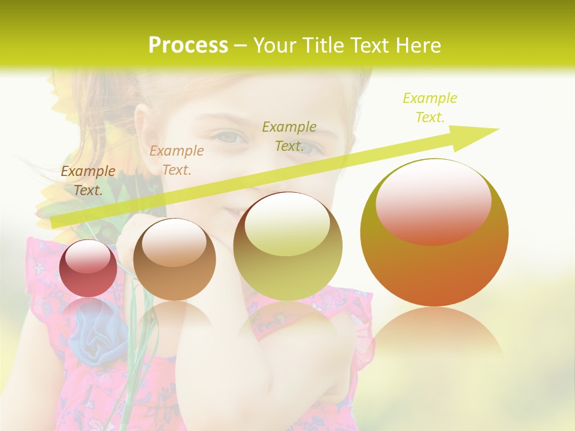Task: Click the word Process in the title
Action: tap(188, 45)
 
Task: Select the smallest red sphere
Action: tap(88, 268)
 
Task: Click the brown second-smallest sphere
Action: tap(174, 259)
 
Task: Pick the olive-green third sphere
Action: tap(287, 246)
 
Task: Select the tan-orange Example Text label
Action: tap(177, 160)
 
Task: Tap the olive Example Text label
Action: tap(289, 136)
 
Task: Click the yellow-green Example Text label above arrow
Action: tap(429, 108)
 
